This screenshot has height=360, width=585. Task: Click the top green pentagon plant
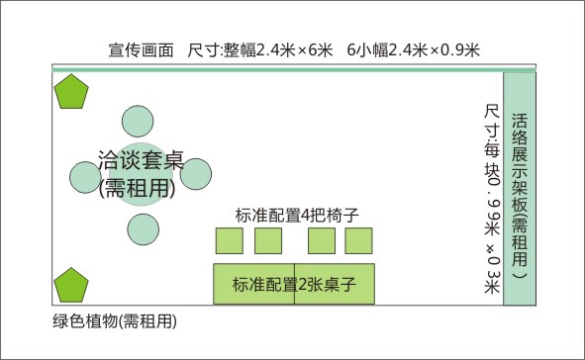pos(72,94)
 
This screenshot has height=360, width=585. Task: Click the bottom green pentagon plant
pos(72,285)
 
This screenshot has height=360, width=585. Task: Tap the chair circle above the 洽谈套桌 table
pos(138,121)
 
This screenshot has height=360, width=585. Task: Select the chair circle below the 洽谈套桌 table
pos(144,229)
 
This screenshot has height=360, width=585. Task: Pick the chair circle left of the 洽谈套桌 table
pos(86,174)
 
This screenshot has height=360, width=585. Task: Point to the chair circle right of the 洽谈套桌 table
pos(197,174)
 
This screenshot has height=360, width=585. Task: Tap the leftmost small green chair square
pos(230,241)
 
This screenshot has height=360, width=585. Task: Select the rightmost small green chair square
pos(358,241)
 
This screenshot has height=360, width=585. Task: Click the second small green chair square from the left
pos(268,241)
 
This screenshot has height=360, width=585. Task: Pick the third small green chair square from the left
pos(321,241)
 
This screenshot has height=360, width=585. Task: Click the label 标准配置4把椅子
pos(295,215)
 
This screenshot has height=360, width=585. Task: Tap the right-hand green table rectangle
pos(336,284)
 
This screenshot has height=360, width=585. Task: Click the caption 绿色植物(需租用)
pos(114,321)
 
